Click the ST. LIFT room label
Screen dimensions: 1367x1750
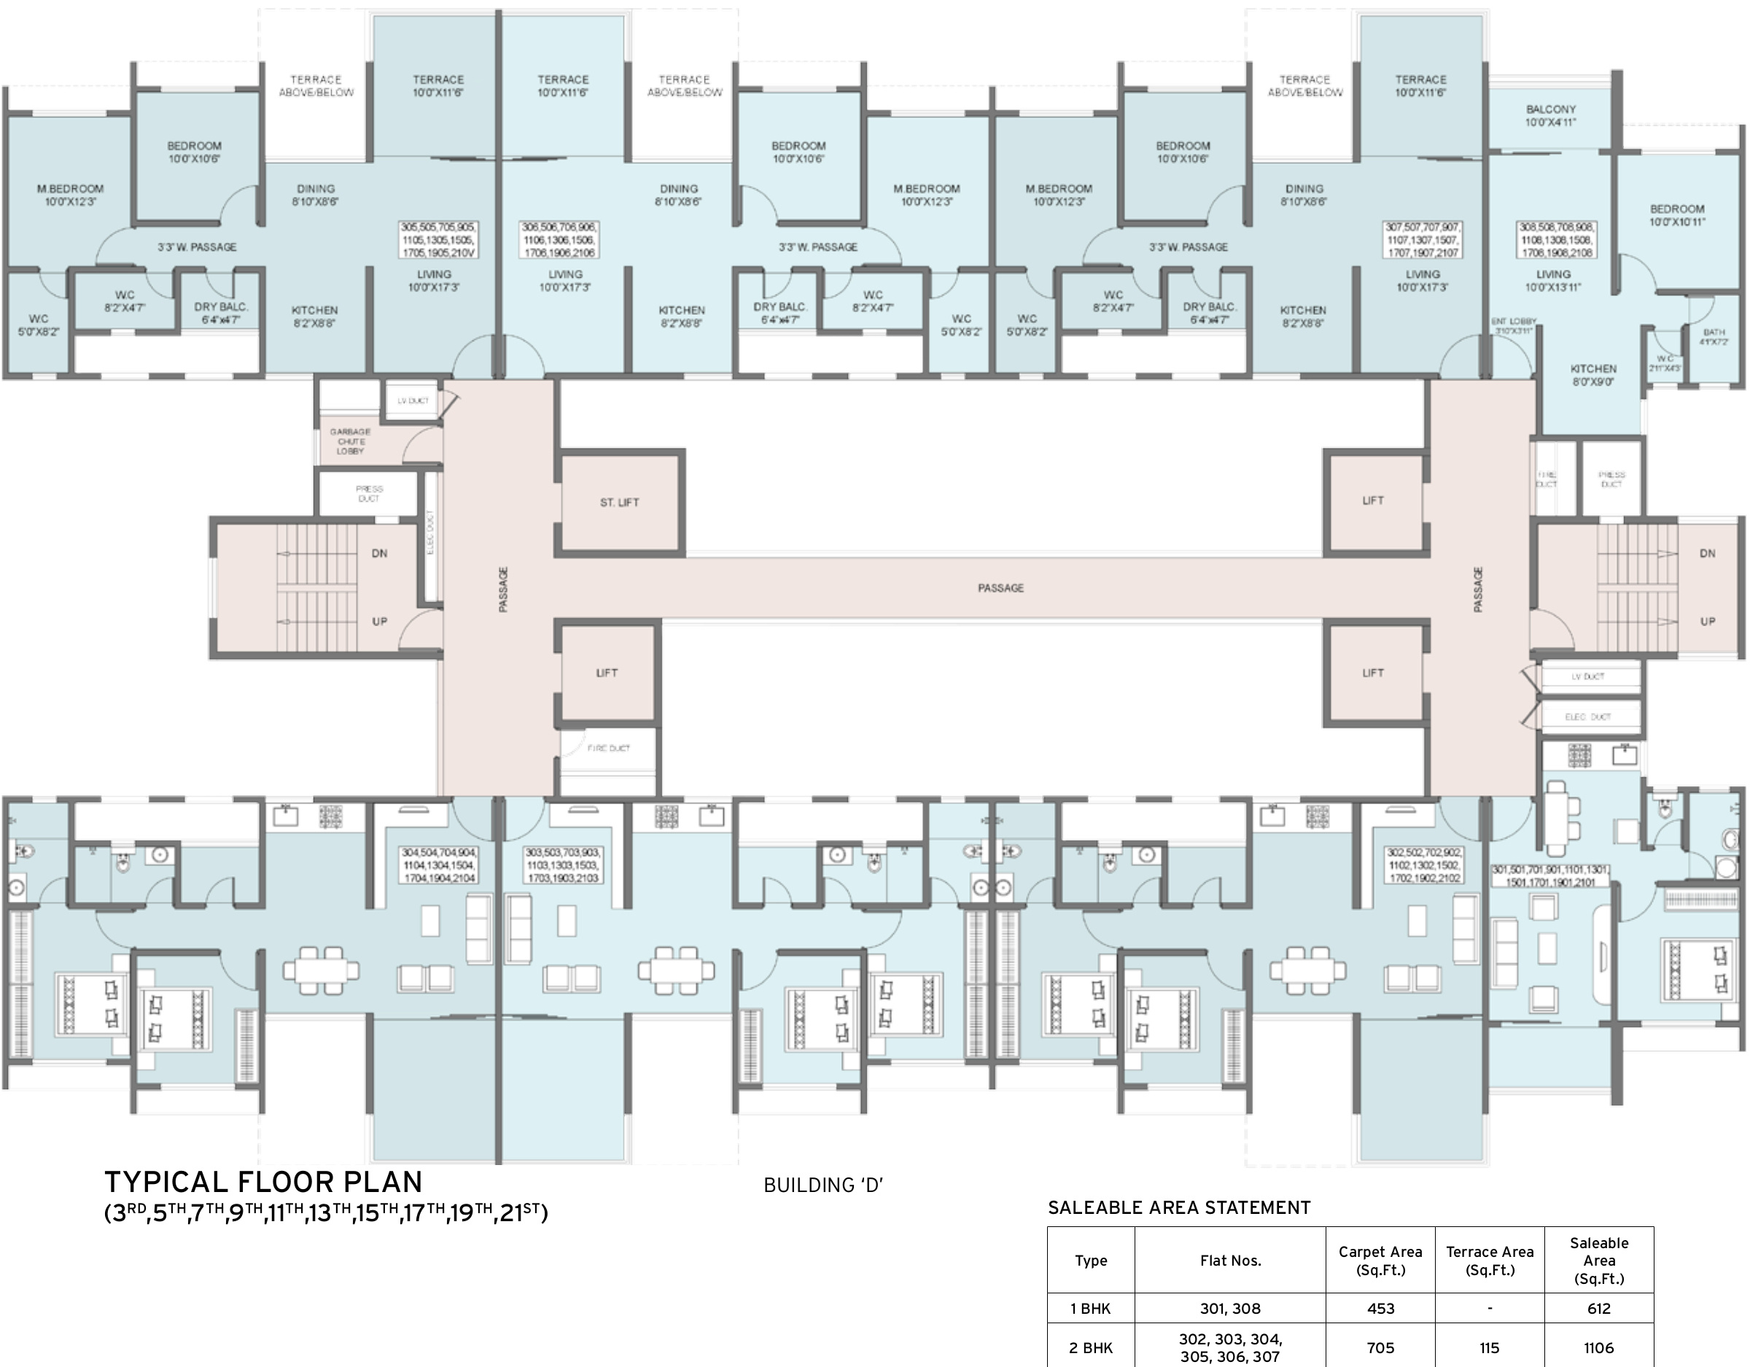tap(619, 502)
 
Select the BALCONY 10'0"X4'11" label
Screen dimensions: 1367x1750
tap(1550, 115)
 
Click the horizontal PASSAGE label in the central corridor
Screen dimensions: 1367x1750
tap(1000, 588)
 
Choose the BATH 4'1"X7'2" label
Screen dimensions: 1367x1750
tap(1714, 337)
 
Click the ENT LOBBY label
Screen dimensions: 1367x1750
tap(1513, 325)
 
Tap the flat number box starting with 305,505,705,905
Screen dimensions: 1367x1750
tap(438, 240)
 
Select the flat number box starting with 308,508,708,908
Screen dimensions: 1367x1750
tap(1556, 240)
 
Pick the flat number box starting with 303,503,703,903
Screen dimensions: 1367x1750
tap(562, 865)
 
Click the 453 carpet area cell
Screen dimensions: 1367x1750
tap(1380, 1309)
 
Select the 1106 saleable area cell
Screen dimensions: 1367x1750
tap(1598, 1348)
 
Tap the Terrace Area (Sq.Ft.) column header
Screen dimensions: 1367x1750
tap(1489, 1261)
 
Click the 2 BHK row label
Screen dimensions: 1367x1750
tap(1091, 1348)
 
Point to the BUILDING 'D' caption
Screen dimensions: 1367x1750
tap(823, 1186)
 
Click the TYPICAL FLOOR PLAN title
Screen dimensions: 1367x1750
tap(264, 1183)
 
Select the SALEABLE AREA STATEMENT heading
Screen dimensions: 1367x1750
tap(1178, 1208)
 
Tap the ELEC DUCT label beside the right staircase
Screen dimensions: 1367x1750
tap(1587, 717)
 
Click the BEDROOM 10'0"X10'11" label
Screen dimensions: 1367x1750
tap(1677, 215)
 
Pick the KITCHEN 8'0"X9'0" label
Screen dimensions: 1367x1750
tap(1593, 375)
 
